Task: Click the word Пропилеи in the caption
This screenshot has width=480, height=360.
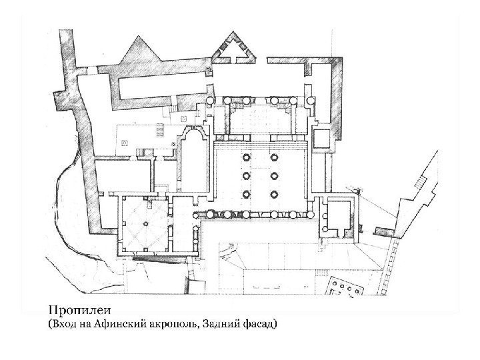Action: pyautogui.click(x=79, y=311)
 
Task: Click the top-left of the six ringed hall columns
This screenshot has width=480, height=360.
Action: pyautogui.click(x=247, y=157)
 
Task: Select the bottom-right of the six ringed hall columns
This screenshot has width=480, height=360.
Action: pyautogui.click(x=274, y=195)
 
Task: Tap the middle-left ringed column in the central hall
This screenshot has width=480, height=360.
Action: pyautogui.click(x=247, y=176)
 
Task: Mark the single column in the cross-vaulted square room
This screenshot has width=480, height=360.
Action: pyautogui.click(x=146, y=224)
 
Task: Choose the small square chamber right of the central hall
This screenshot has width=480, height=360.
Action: pyautogui.click(x=322, y=139)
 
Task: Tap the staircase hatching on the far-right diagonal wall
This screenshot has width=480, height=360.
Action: pyautogui.click(x=420, y=182)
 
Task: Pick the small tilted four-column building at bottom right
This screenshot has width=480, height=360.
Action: pyautogui.click(x=345, y=287)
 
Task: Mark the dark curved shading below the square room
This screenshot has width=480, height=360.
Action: pyautogui.click(x=159, y=260)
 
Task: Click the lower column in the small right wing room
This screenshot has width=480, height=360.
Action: pyautogui.click(x=325, y=229)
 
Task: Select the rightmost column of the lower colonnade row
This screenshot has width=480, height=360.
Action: pyautogui.click(x=311, y=214)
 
